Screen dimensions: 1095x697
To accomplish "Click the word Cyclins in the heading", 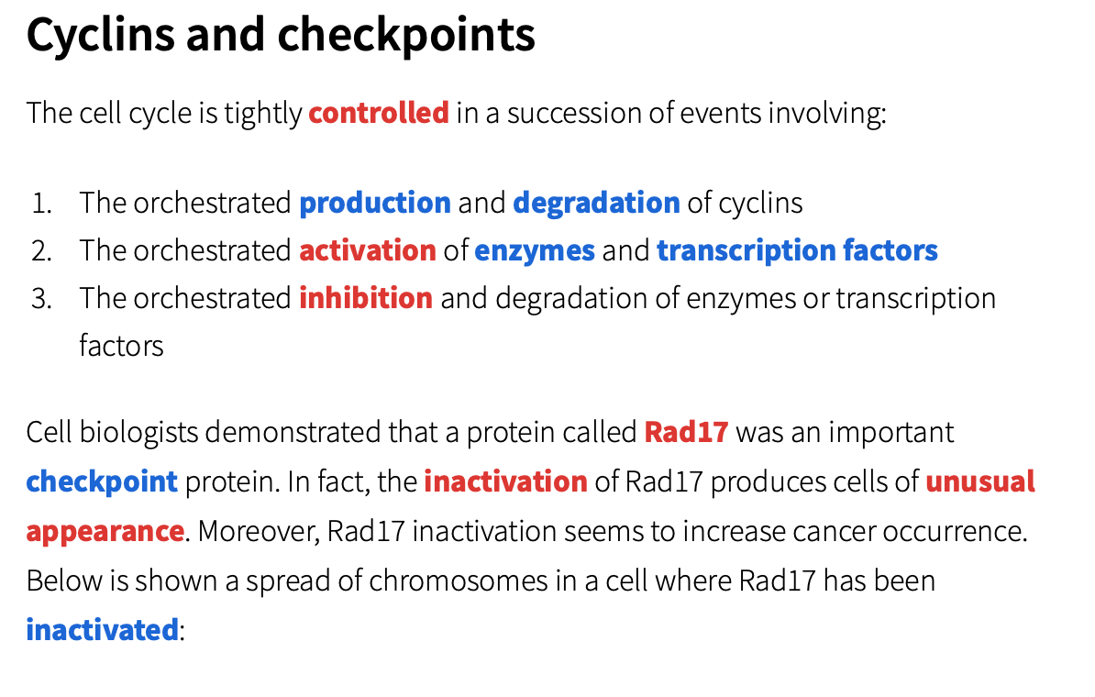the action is [x=101, y=35].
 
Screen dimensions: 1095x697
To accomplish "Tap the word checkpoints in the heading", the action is [x=406, y=35].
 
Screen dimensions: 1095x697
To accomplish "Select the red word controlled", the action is [x=379, y=113].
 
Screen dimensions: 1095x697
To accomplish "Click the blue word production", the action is [x=375, y=203].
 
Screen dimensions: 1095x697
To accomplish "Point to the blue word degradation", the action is [x=596, y=203].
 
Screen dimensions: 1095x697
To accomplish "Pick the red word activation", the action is [x=368, y=250].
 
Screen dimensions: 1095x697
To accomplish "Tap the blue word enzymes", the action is [x=535, y=250].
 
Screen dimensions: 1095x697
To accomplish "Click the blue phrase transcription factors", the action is [x=797, y=250].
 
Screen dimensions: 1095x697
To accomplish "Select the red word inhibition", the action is [x=366, y=297].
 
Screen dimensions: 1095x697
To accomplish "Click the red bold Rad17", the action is [x=687, y=432].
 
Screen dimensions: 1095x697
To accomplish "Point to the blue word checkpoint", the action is [x=102, y=481].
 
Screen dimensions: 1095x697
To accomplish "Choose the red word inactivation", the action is [x=505, y=481].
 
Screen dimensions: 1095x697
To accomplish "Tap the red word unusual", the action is [x=980, y=481].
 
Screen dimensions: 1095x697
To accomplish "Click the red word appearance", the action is [x=105, y=532].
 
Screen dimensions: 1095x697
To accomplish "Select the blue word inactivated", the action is [x=102, y=630].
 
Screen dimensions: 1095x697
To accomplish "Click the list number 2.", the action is [x=41, y=250].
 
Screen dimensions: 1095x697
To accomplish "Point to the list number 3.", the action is [x=41, y=298].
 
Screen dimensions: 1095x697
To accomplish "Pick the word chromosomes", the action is [x=459, y=581].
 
